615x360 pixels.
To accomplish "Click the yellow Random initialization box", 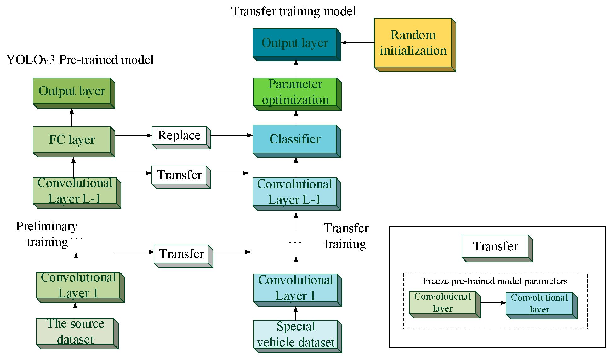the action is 415,45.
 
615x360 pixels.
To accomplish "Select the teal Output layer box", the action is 297,45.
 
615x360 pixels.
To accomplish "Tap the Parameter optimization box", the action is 297,94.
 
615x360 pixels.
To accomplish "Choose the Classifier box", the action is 297,141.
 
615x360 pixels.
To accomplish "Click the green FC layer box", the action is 74,142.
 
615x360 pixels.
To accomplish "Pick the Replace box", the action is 181,138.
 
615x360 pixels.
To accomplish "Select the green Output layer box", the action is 74,93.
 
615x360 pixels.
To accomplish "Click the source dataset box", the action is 77,334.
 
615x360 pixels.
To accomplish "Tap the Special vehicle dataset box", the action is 298,336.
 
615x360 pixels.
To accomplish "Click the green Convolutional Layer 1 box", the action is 80,287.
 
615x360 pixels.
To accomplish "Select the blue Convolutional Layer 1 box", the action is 298,290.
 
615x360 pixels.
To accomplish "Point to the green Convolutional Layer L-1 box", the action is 77,193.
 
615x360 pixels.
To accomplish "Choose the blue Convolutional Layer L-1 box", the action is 297,194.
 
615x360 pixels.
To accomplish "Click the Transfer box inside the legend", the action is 497,248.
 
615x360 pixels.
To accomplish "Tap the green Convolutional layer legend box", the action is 445,305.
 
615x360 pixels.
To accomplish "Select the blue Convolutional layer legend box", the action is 542,306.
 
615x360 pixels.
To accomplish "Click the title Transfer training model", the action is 293,11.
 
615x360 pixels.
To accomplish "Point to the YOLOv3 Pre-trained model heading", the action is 80,60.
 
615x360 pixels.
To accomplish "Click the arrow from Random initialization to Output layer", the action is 357,42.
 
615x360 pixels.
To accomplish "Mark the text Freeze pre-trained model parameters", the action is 495,281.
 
